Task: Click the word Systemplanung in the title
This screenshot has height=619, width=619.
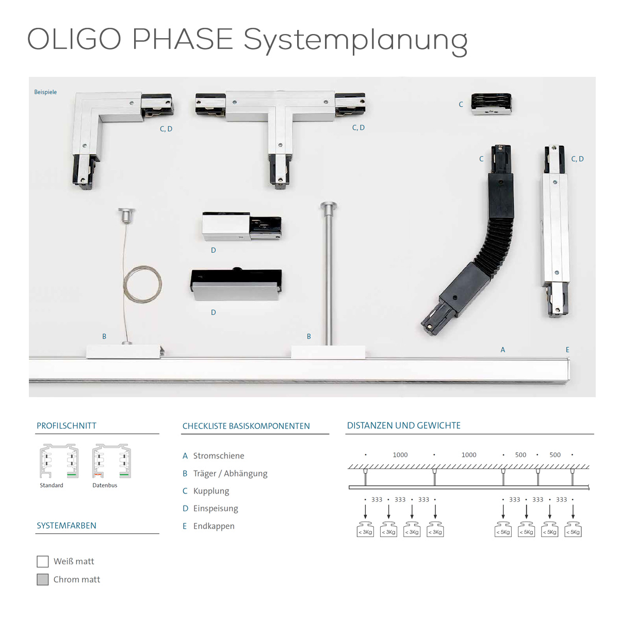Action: tap(355, 40)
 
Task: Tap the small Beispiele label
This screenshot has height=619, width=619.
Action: tap(45, 92)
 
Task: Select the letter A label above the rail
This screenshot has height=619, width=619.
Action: tap(503, 350)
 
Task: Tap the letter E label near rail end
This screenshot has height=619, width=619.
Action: tap(567, 350)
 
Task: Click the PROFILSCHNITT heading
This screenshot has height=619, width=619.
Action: tap(67, 426)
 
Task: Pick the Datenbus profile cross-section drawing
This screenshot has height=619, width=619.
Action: tap(111, 461)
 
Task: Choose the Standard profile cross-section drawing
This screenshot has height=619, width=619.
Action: tap(59, 461)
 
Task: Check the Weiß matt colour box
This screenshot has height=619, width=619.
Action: tap(43, 561)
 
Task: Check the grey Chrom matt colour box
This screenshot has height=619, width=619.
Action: tap(43, 579)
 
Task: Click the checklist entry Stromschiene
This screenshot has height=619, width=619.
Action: tap(218, 456)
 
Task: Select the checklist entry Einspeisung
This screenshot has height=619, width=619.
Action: tap(215, 509)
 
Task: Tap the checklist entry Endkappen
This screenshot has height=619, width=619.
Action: tap(214, 526)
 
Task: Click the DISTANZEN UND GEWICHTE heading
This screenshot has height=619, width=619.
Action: tap(404, 426)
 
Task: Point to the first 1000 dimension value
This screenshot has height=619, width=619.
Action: tap(400, 455)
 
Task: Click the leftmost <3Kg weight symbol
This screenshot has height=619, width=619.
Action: tap(365, 530)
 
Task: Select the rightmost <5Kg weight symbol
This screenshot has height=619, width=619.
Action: tap(573, 530)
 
